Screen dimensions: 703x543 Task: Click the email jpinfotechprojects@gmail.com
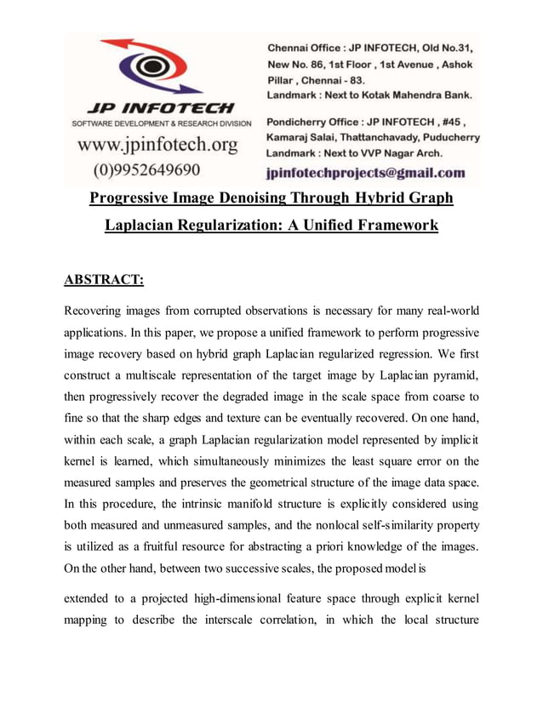[366, 173]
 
